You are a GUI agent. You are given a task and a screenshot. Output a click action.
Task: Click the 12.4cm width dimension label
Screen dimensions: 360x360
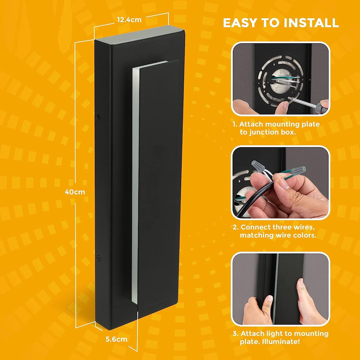coord(129,20)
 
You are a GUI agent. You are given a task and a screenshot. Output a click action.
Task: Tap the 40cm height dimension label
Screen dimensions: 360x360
coord(75,192)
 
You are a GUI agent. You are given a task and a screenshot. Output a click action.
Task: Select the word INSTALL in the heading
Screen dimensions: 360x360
coord(311,23)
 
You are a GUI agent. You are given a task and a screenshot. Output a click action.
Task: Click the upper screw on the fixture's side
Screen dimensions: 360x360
coord(98,116)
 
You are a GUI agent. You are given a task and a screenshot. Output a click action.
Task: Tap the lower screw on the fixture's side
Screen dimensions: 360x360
coord(98,258)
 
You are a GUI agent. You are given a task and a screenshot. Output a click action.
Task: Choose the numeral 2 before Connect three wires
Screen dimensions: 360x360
coord(235,227)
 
